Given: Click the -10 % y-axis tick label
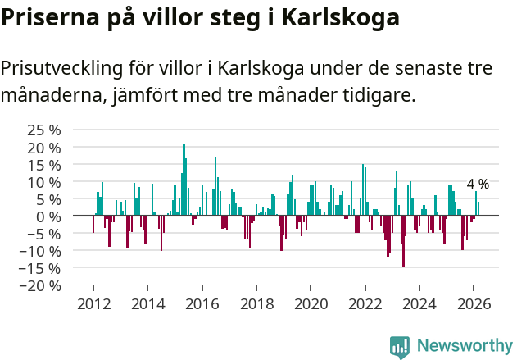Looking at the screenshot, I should (41, 251).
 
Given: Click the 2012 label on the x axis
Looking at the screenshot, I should (93, 303).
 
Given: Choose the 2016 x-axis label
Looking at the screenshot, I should (202, 303).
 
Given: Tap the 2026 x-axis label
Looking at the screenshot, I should (474, 303).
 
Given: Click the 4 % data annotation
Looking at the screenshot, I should (478, 185).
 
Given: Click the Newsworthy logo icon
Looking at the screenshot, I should (400, 346).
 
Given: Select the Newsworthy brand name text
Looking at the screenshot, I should (464, 346).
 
